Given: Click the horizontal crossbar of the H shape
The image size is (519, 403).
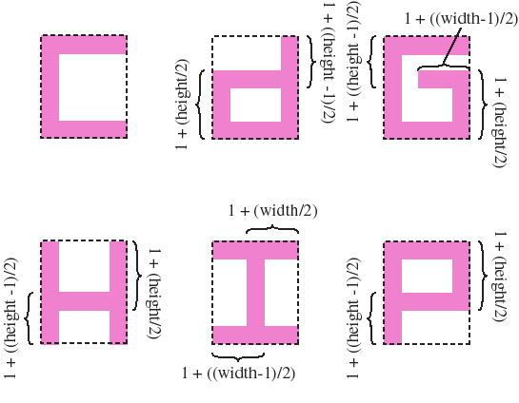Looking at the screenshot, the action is [84, 301].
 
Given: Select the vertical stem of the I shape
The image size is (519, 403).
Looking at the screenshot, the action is [256, 293].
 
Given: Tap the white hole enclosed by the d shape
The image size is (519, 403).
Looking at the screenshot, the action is [255, 106].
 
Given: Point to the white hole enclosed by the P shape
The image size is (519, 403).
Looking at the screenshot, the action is [427, 276].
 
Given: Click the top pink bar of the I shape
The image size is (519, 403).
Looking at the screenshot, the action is [255, 250].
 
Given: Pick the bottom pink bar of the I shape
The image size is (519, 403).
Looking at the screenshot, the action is [255, 336].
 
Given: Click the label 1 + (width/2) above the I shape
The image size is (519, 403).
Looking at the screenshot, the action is [272, 211].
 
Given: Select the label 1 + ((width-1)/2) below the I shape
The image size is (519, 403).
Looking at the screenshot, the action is [238, 374].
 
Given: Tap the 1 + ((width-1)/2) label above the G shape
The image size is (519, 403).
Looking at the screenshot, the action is [461, 18].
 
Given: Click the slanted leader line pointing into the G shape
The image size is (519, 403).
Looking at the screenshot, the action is [451, 46].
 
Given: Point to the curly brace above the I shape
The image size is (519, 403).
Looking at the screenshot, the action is [272, 229].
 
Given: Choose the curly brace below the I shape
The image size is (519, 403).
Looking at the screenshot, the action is [238, 356].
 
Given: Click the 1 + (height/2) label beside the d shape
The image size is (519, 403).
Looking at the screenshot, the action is [182, 105].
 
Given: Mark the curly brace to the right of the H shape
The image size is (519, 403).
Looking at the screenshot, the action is [137, 276].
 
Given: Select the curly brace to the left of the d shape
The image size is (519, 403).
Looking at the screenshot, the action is [201, 105].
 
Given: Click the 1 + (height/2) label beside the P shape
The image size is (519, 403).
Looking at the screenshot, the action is [499, 277].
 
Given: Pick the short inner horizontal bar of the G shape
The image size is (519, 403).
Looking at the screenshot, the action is [435, 79].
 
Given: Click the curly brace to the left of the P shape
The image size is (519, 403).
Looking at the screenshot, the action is [371, 318].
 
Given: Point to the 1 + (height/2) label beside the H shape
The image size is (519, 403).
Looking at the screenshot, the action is [154, 294].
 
